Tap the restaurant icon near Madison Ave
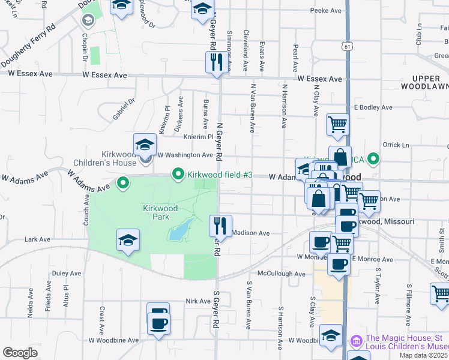click(220, 226)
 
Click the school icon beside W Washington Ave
click(145, 144)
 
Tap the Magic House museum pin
click(356, 341)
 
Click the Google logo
click(20, 353)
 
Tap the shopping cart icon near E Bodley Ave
click(337, 125)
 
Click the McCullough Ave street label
click(281, 274)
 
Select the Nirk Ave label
click(197, 301)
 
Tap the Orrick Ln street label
click(396, 145)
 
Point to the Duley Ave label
click(66, 273)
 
